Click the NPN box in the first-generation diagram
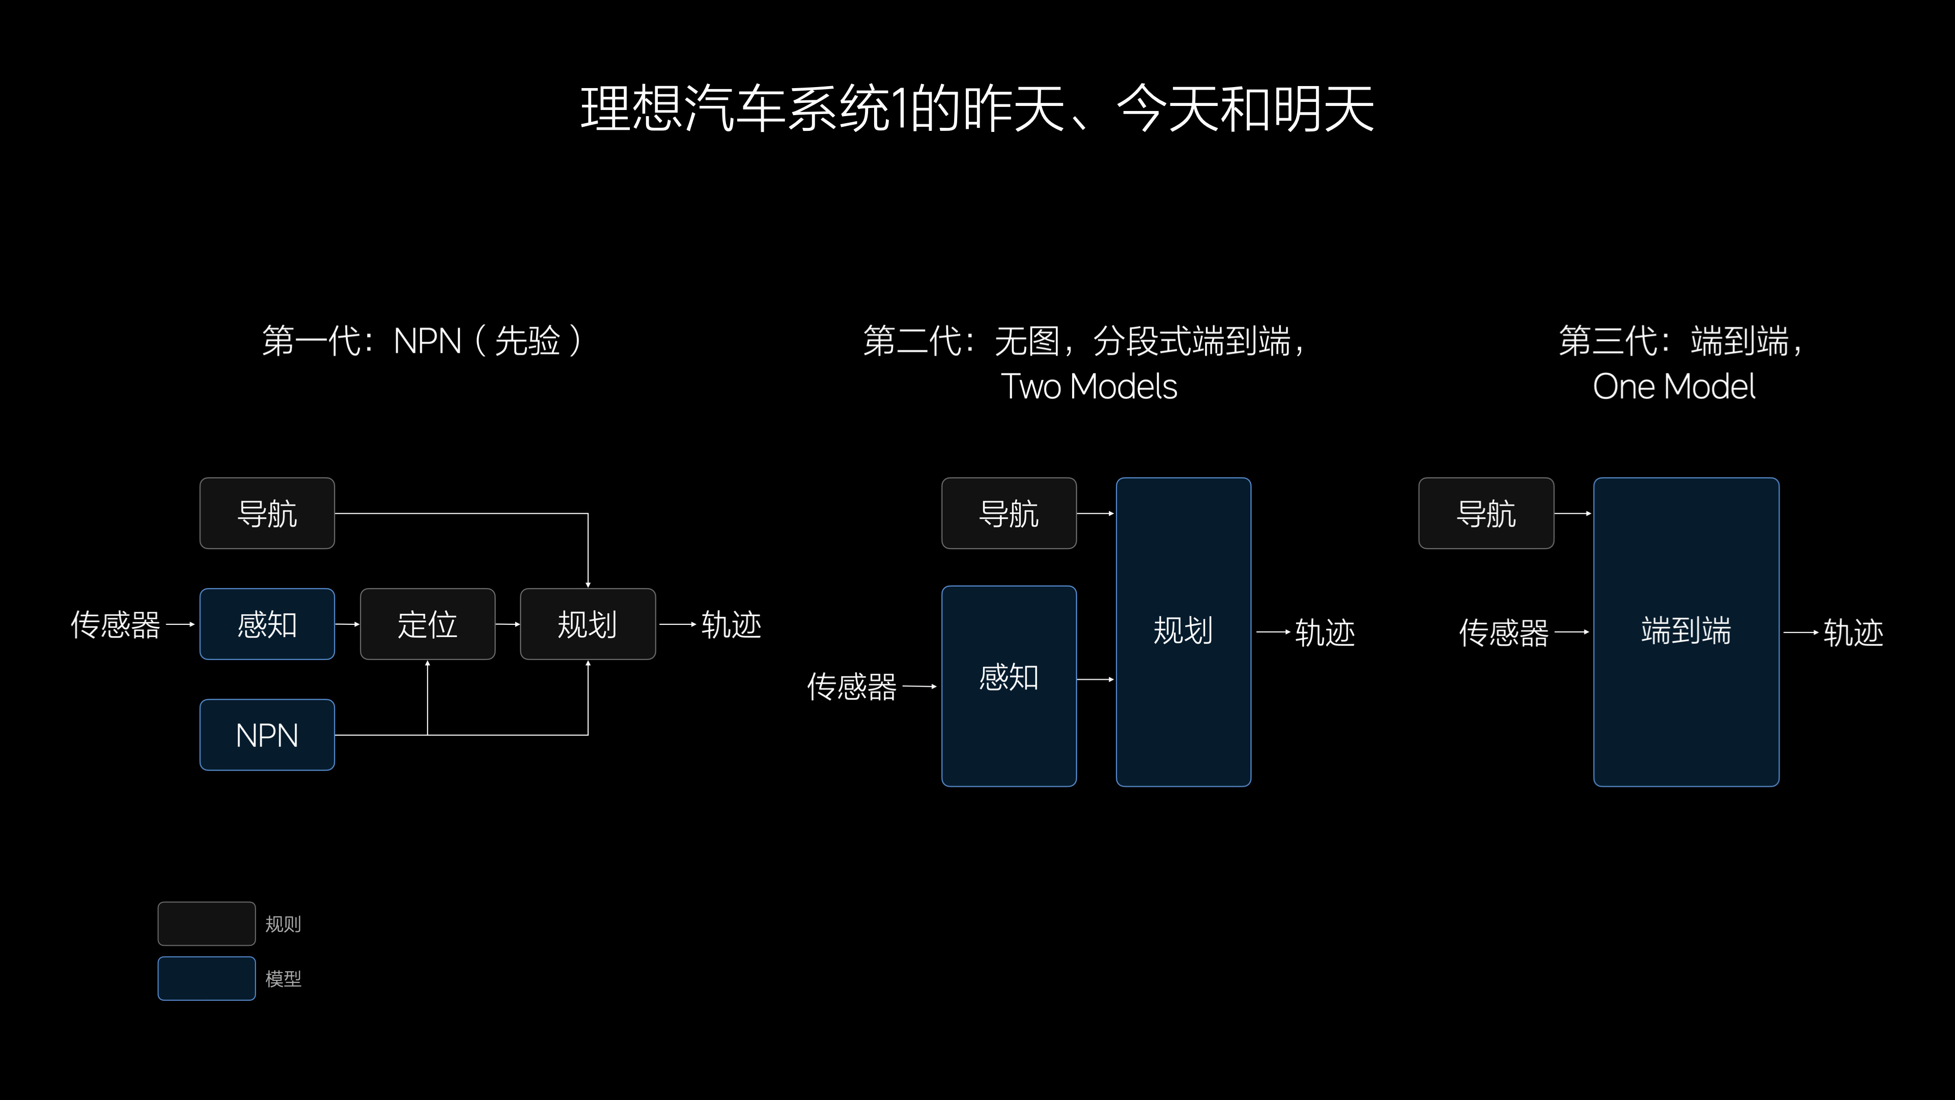coord(267,735)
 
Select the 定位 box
coord(427,624)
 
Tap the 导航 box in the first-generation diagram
coord(267,513)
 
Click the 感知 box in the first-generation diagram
coord(267,624)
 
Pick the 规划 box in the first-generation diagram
coord(588,624)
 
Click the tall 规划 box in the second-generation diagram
coord(1183,631)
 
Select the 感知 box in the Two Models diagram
coord(1009,686)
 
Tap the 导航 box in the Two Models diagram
coord(1009,513)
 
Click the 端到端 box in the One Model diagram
coord(1686,631)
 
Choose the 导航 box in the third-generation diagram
coord(1486,513)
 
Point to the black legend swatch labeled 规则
coord(206,923)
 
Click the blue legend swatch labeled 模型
coord(206,978)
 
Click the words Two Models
coord(1089,387)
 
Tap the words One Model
coord(1674,387)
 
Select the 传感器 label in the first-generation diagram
coord(116,625)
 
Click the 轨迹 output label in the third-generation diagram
coord(1853,632)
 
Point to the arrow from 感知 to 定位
coord(347,624)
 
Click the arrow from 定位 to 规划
coord(508,624)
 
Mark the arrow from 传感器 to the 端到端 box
coord(1572,631)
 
